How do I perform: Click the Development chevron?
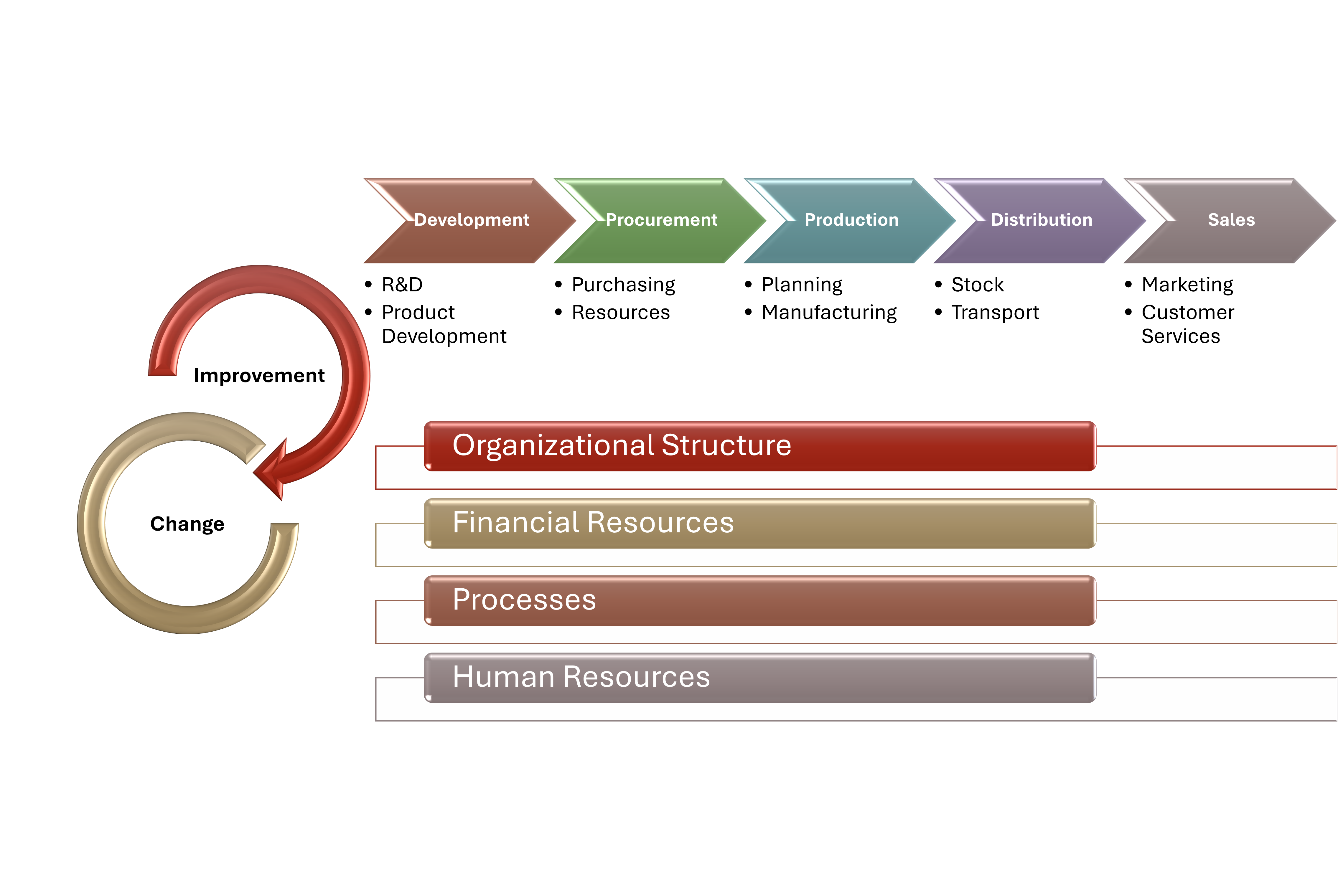click(471, 220)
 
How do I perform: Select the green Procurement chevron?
click(661, 220)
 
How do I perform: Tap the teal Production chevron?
click(851, 220)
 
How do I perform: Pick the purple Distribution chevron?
click(1041, 220)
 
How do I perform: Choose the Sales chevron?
click(1231, 220)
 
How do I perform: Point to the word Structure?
click(726, 446)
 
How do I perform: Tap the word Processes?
click(524, 600)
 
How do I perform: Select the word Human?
click(504, 677)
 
